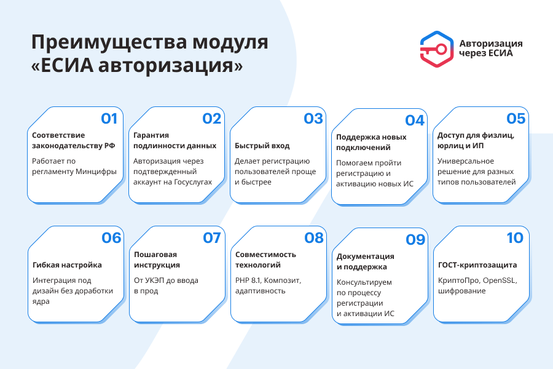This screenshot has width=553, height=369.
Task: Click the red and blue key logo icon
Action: pyautogui.click(x=437, y=48)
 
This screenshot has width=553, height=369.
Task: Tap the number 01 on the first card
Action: pyautogui.click(x=109, y=119)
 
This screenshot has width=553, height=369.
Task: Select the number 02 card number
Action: pyautogui.click(x=211, y=119)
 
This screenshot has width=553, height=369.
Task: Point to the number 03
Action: pyautogui.click(x=313, y=119)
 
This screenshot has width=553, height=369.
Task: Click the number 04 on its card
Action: pyautogui.click(x=415, y=121)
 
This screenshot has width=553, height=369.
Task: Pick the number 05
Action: pyautogui.click(x=516, y=118)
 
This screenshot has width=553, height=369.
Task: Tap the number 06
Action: pyautogui.click(x=111, y=237)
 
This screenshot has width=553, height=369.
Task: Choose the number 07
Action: pyautogui.click(x=211, y=237)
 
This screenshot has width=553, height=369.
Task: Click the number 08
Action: pyautogui.click(x=313, y=237)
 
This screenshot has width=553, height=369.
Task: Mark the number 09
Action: pyautogui.click(x=415, y=239)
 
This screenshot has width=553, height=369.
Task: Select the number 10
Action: pyautogui.click(x=515, y=237)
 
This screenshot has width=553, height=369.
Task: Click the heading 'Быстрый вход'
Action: pyautogui.click(x=262, y=146)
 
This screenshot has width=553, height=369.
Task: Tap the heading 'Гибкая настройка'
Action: pyautogui.click(x=67, y=265)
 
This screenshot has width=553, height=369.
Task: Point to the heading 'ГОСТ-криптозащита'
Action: pyautogui.click(x=477, y=265)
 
